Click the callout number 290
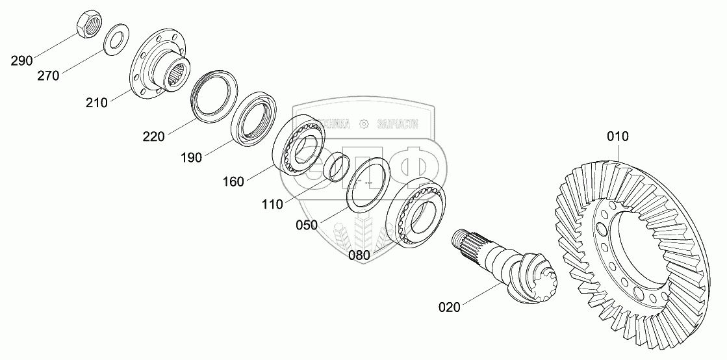21,62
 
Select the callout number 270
48,76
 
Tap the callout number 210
97,103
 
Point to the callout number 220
153,136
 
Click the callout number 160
233,182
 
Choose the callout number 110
272,205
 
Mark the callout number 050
306,225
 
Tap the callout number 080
359,255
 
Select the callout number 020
449,307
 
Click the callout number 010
618,136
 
